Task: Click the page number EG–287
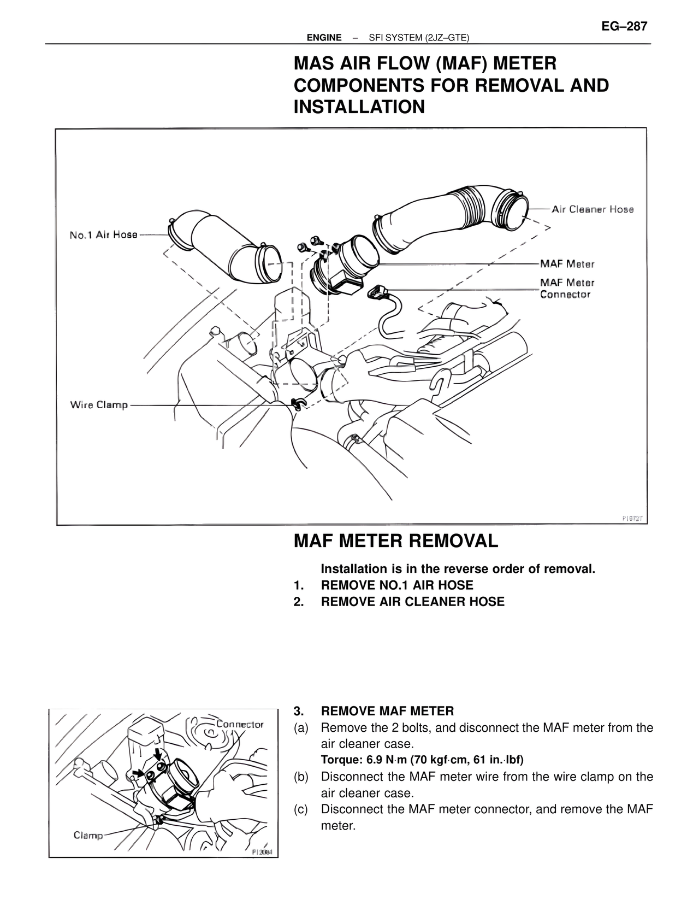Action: (624, 26)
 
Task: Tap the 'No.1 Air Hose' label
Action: (103, 235)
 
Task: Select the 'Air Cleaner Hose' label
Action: (593, 209)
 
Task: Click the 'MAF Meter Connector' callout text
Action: (567, 289)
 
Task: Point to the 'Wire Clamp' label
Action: (99, 405)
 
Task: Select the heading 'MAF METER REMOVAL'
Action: (396, 541)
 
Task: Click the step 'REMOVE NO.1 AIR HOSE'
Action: (397, 585)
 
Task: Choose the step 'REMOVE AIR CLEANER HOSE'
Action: (412, 602)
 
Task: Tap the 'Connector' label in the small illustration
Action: (240, 725)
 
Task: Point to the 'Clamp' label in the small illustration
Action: (88, 836)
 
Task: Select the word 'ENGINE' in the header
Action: (324, 38)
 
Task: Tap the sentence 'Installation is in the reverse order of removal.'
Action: (458, 569)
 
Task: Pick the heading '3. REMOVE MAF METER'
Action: (387, 711)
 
